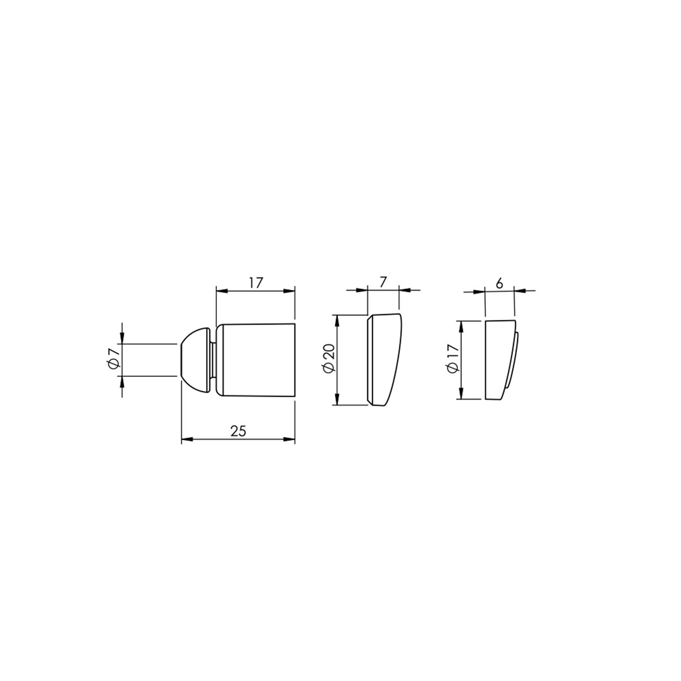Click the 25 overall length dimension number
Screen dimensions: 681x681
[x=238, y=431]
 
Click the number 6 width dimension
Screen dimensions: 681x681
[x=499, y=283]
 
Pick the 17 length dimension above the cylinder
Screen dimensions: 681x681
[x=256, y=283]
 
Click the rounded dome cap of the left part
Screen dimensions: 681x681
[x=196, y=360]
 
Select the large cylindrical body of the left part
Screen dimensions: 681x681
[x=255, y=360]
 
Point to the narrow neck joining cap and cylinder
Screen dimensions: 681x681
[x=213, y=360]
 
